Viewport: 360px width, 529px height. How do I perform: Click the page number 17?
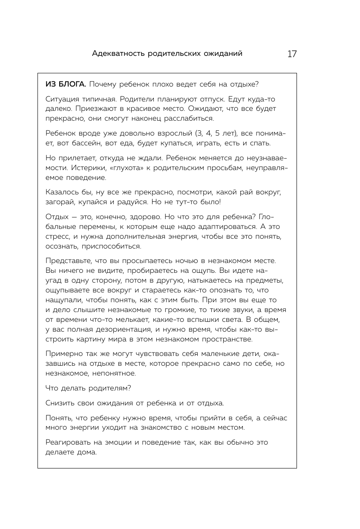[292, 54]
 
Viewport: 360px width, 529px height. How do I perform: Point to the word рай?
[221, 192]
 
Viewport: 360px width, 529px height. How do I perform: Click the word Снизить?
[59, 403]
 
